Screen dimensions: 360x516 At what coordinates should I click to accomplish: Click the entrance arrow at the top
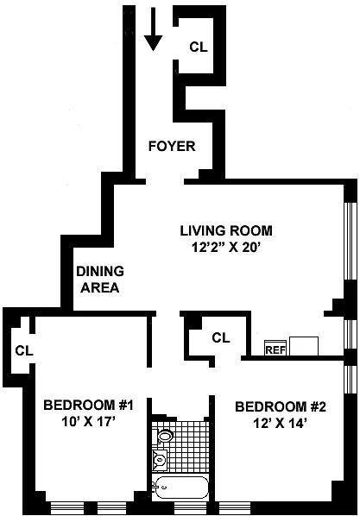pos(153,29)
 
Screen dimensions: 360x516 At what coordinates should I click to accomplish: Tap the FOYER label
pos(172,146)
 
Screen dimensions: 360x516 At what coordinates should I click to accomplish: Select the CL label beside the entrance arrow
pos(199,47)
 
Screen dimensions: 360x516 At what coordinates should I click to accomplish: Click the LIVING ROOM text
pos(226,230)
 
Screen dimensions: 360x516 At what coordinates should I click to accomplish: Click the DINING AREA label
pos(100,280)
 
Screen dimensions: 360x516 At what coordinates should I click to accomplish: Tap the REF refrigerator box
pos(275,348)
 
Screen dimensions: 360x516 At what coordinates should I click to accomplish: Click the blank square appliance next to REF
pos(304,346)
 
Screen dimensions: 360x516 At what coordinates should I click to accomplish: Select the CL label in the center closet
pos(221,337)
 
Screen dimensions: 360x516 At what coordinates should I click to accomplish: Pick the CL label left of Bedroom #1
pos(24,351)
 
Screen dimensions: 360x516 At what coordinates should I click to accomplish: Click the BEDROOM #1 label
pos(88,405)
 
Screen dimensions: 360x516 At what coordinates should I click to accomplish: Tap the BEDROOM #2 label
pos(281,407)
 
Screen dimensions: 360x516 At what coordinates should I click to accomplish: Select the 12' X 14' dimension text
pos(280,424)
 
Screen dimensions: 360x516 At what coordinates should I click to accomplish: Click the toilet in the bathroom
pos(165,437)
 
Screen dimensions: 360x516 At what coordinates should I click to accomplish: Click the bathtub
pos(180,488)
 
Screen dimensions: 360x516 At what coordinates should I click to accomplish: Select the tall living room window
pos(351,242)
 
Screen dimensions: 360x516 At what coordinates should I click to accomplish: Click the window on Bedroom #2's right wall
pos(351,380)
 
